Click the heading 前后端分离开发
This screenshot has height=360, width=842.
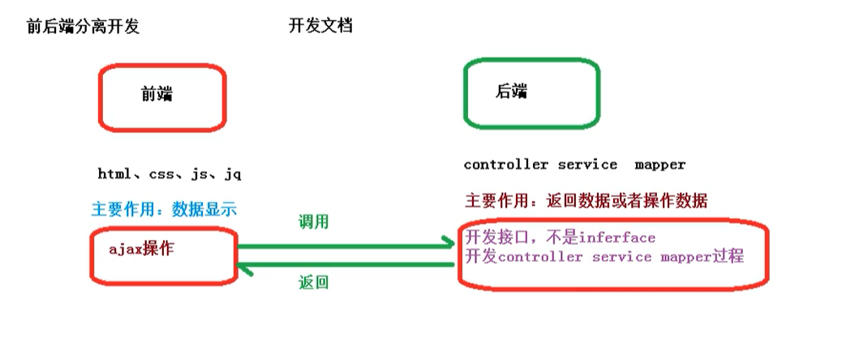[84, 26]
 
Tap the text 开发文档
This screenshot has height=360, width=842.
[320, 26]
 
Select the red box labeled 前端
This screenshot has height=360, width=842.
[162, 97]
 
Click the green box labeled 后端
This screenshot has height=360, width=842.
[531, 92]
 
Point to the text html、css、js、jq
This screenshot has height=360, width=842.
[170, 174]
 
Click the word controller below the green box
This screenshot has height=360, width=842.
[506, 165]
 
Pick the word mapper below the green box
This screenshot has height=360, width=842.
[660, 165]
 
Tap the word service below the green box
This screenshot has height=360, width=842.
[588, 165]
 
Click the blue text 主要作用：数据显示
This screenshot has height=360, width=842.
[164, 209]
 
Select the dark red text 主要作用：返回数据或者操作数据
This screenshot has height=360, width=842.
[586, 201]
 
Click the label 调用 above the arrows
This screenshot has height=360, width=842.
[314, 221]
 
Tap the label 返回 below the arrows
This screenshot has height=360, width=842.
[314, 283]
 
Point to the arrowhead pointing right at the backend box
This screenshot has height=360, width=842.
[447, 242]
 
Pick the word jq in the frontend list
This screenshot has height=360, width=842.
[233, 174]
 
